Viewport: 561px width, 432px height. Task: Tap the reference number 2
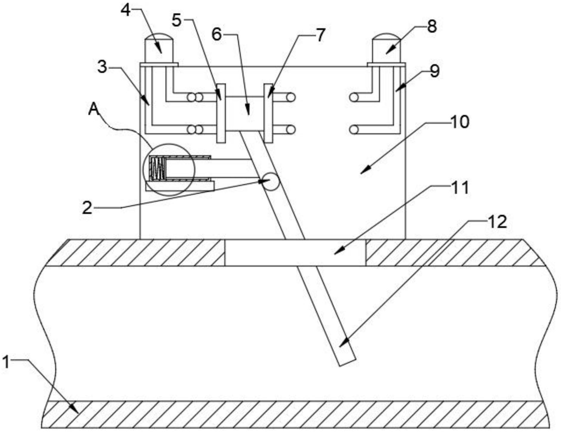point(87,208)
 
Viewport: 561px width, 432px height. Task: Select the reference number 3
point(102,67)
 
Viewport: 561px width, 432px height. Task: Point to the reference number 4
point(125,11)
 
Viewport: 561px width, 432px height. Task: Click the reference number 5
point(176,21)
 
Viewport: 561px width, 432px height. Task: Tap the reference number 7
point(320,35)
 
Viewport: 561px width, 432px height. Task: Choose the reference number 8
point(432,26)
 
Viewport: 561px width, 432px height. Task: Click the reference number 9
point(434,71)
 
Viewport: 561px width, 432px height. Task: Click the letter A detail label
point(94,109)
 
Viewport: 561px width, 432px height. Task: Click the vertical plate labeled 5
point(221,113)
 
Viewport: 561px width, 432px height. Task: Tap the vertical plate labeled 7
point(268,113)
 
